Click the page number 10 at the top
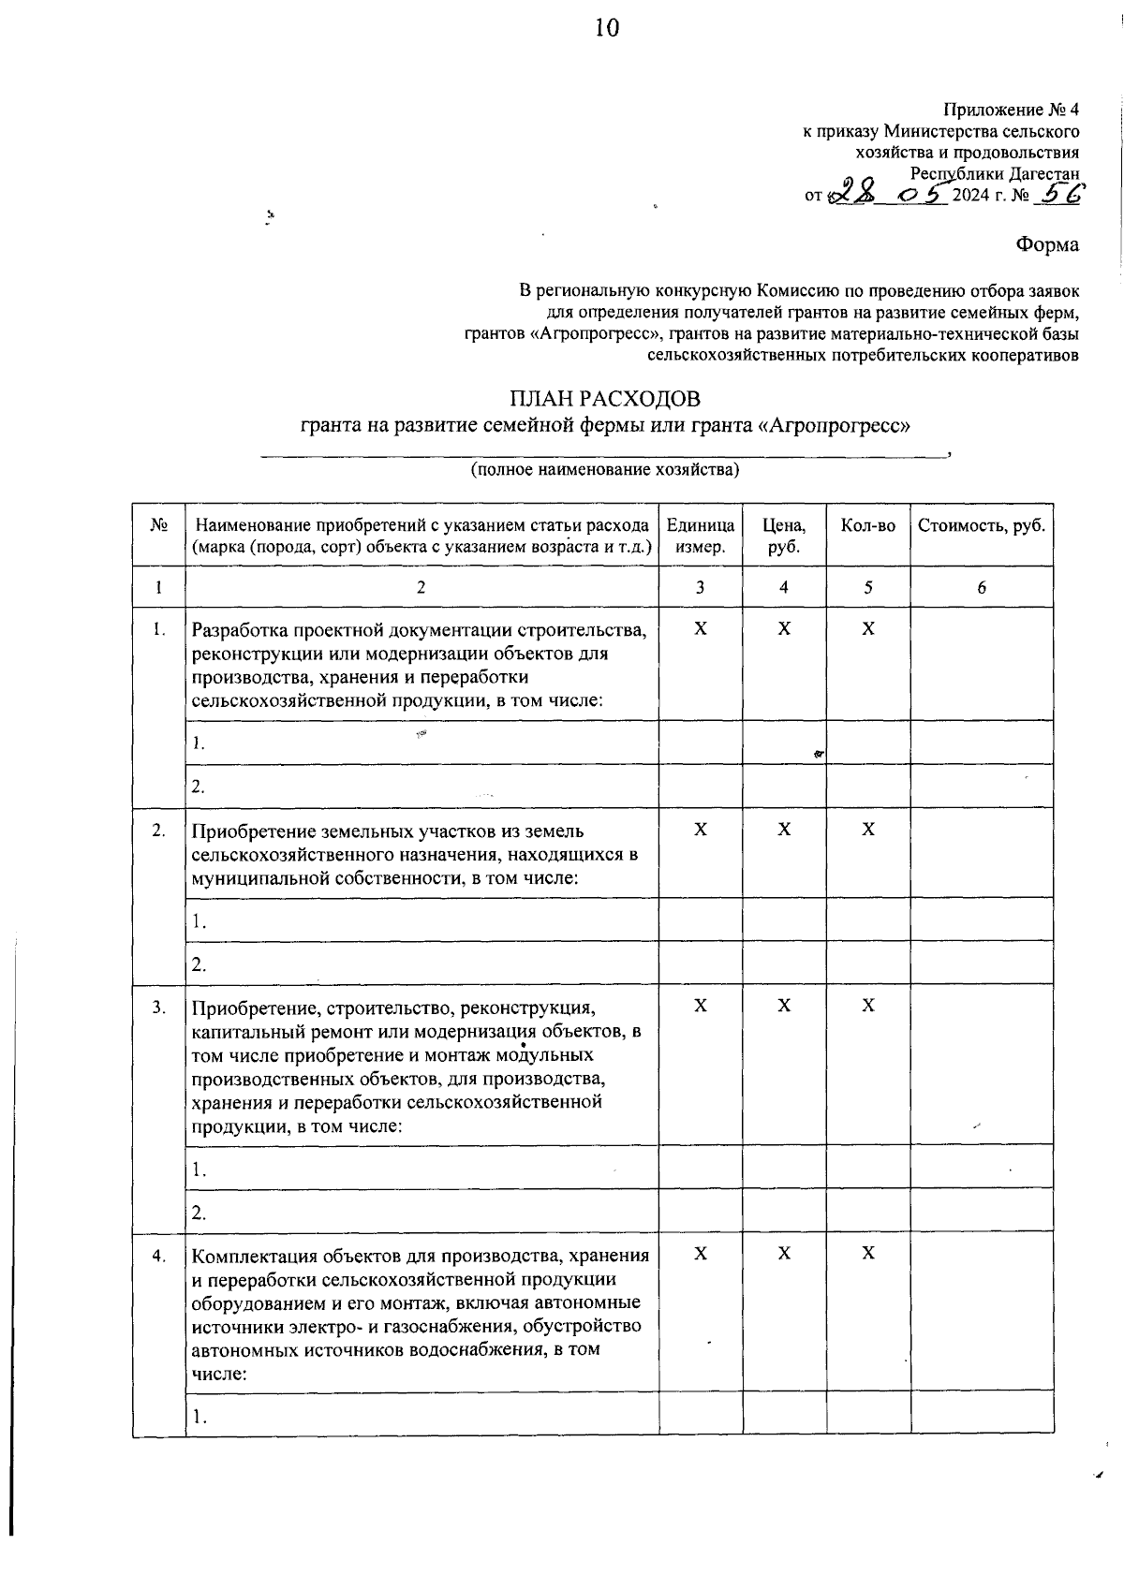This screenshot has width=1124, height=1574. [x=606, y=29]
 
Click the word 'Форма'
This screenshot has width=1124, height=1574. [x=1047, y=245]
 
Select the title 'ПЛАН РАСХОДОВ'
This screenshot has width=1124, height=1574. [x=604, y=399]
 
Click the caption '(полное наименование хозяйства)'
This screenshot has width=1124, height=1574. [x=605, y=469]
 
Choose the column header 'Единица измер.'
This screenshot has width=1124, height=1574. [x=700, y=536]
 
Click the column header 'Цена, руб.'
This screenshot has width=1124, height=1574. [x=783, y=536]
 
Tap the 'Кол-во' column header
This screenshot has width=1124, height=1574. [x=867, y=526]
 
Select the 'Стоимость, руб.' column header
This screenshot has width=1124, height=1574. [x=981, y=526]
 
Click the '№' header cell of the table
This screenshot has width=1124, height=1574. [x=158, y=526]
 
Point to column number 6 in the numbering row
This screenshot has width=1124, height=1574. [x=981, y=588]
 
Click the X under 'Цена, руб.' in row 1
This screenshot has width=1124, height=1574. [x=784, y=629]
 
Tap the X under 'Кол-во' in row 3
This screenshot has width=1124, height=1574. [x=868, y=1006]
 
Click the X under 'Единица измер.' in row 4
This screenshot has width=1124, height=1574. [x=701, y=1254]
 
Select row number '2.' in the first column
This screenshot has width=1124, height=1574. [x=159, y=831]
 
